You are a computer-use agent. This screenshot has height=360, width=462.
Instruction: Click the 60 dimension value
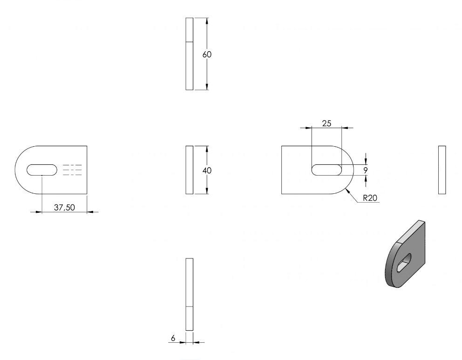coord(207,54)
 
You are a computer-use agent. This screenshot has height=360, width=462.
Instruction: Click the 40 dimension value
coord(207,170)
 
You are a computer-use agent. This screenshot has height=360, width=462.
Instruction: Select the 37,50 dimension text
coord(65,207)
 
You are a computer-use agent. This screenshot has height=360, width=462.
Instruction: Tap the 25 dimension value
coord(326,123)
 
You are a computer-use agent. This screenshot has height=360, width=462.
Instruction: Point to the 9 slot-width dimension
coord(366,170)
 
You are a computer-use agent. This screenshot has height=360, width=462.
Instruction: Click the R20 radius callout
coord(370,197)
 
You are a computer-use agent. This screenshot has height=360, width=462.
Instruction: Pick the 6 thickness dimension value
coord(173,338)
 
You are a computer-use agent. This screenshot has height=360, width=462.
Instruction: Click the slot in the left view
coord(42,170)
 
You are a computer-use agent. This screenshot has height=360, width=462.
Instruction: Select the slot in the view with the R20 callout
coord(326,170)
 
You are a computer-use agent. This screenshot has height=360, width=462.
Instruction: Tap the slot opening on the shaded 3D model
coord(404,263)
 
